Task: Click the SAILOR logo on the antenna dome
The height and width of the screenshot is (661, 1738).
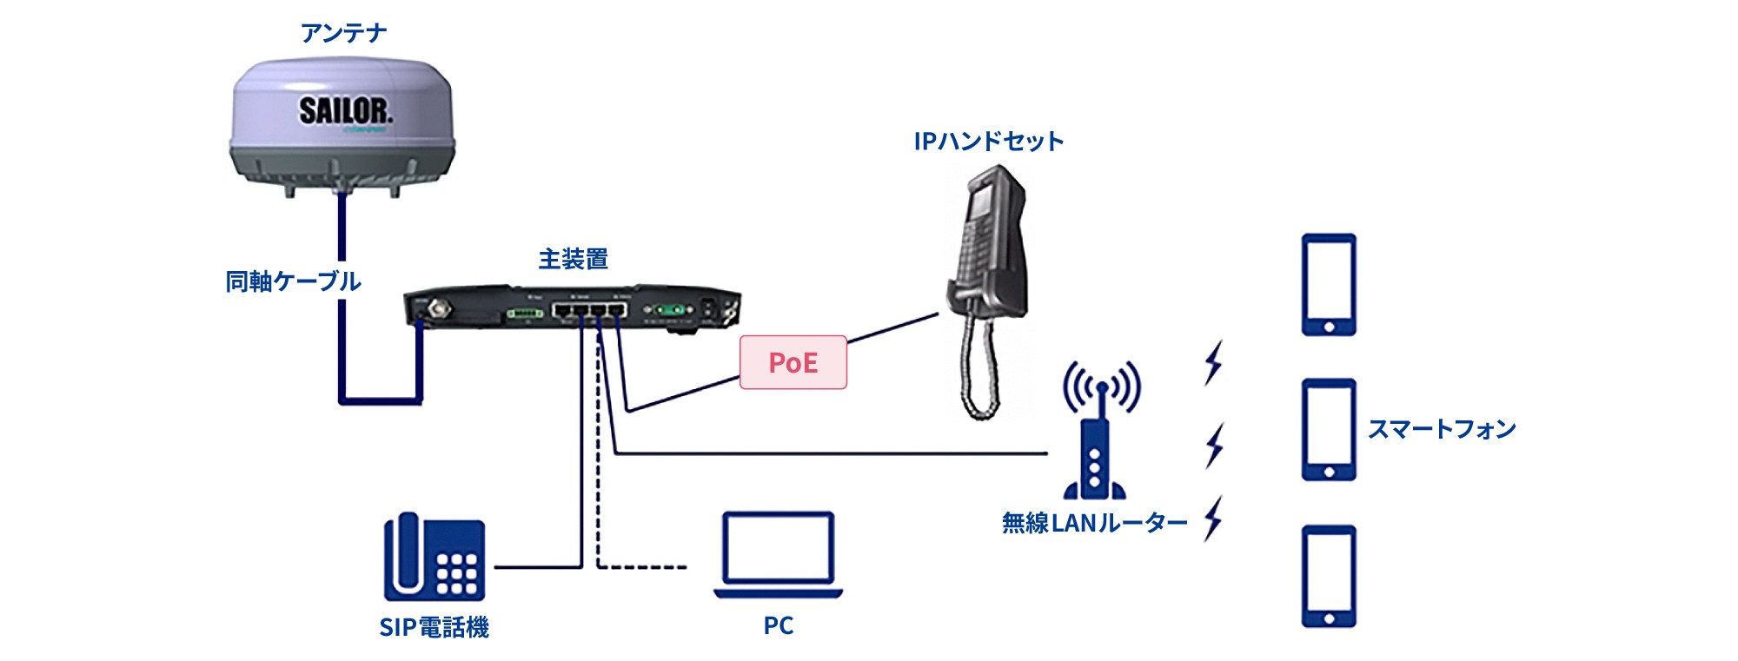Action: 345,111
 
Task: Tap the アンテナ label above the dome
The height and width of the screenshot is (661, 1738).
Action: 343,33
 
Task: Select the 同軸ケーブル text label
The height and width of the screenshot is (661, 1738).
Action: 293,281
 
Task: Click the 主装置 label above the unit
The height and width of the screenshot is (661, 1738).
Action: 573,259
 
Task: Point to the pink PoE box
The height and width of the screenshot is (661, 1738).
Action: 793,362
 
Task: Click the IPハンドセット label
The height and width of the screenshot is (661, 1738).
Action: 988,142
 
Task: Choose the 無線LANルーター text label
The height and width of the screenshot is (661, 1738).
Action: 1094,523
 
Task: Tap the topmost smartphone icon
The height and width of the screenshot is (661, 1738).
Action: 1328,284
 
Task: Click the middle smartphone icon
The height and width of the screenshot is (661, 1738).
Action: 1328,429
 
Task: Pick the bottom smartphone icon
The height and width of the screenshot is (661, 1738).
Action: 1328,575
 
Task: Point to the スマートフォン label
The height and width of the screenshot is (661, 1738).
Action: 1442,429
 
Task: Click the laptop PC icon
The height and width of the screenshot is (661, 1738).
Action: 778,554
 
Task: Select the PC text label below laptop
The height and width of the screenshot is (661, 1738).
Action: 778,625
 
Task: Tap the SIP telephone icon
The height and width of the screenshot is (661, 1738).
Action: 434,558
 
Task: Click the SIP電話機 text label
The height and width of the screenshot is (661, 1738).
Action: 434,627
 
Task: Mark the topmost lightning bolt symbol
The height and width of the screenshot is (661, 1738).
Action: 1214,362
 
